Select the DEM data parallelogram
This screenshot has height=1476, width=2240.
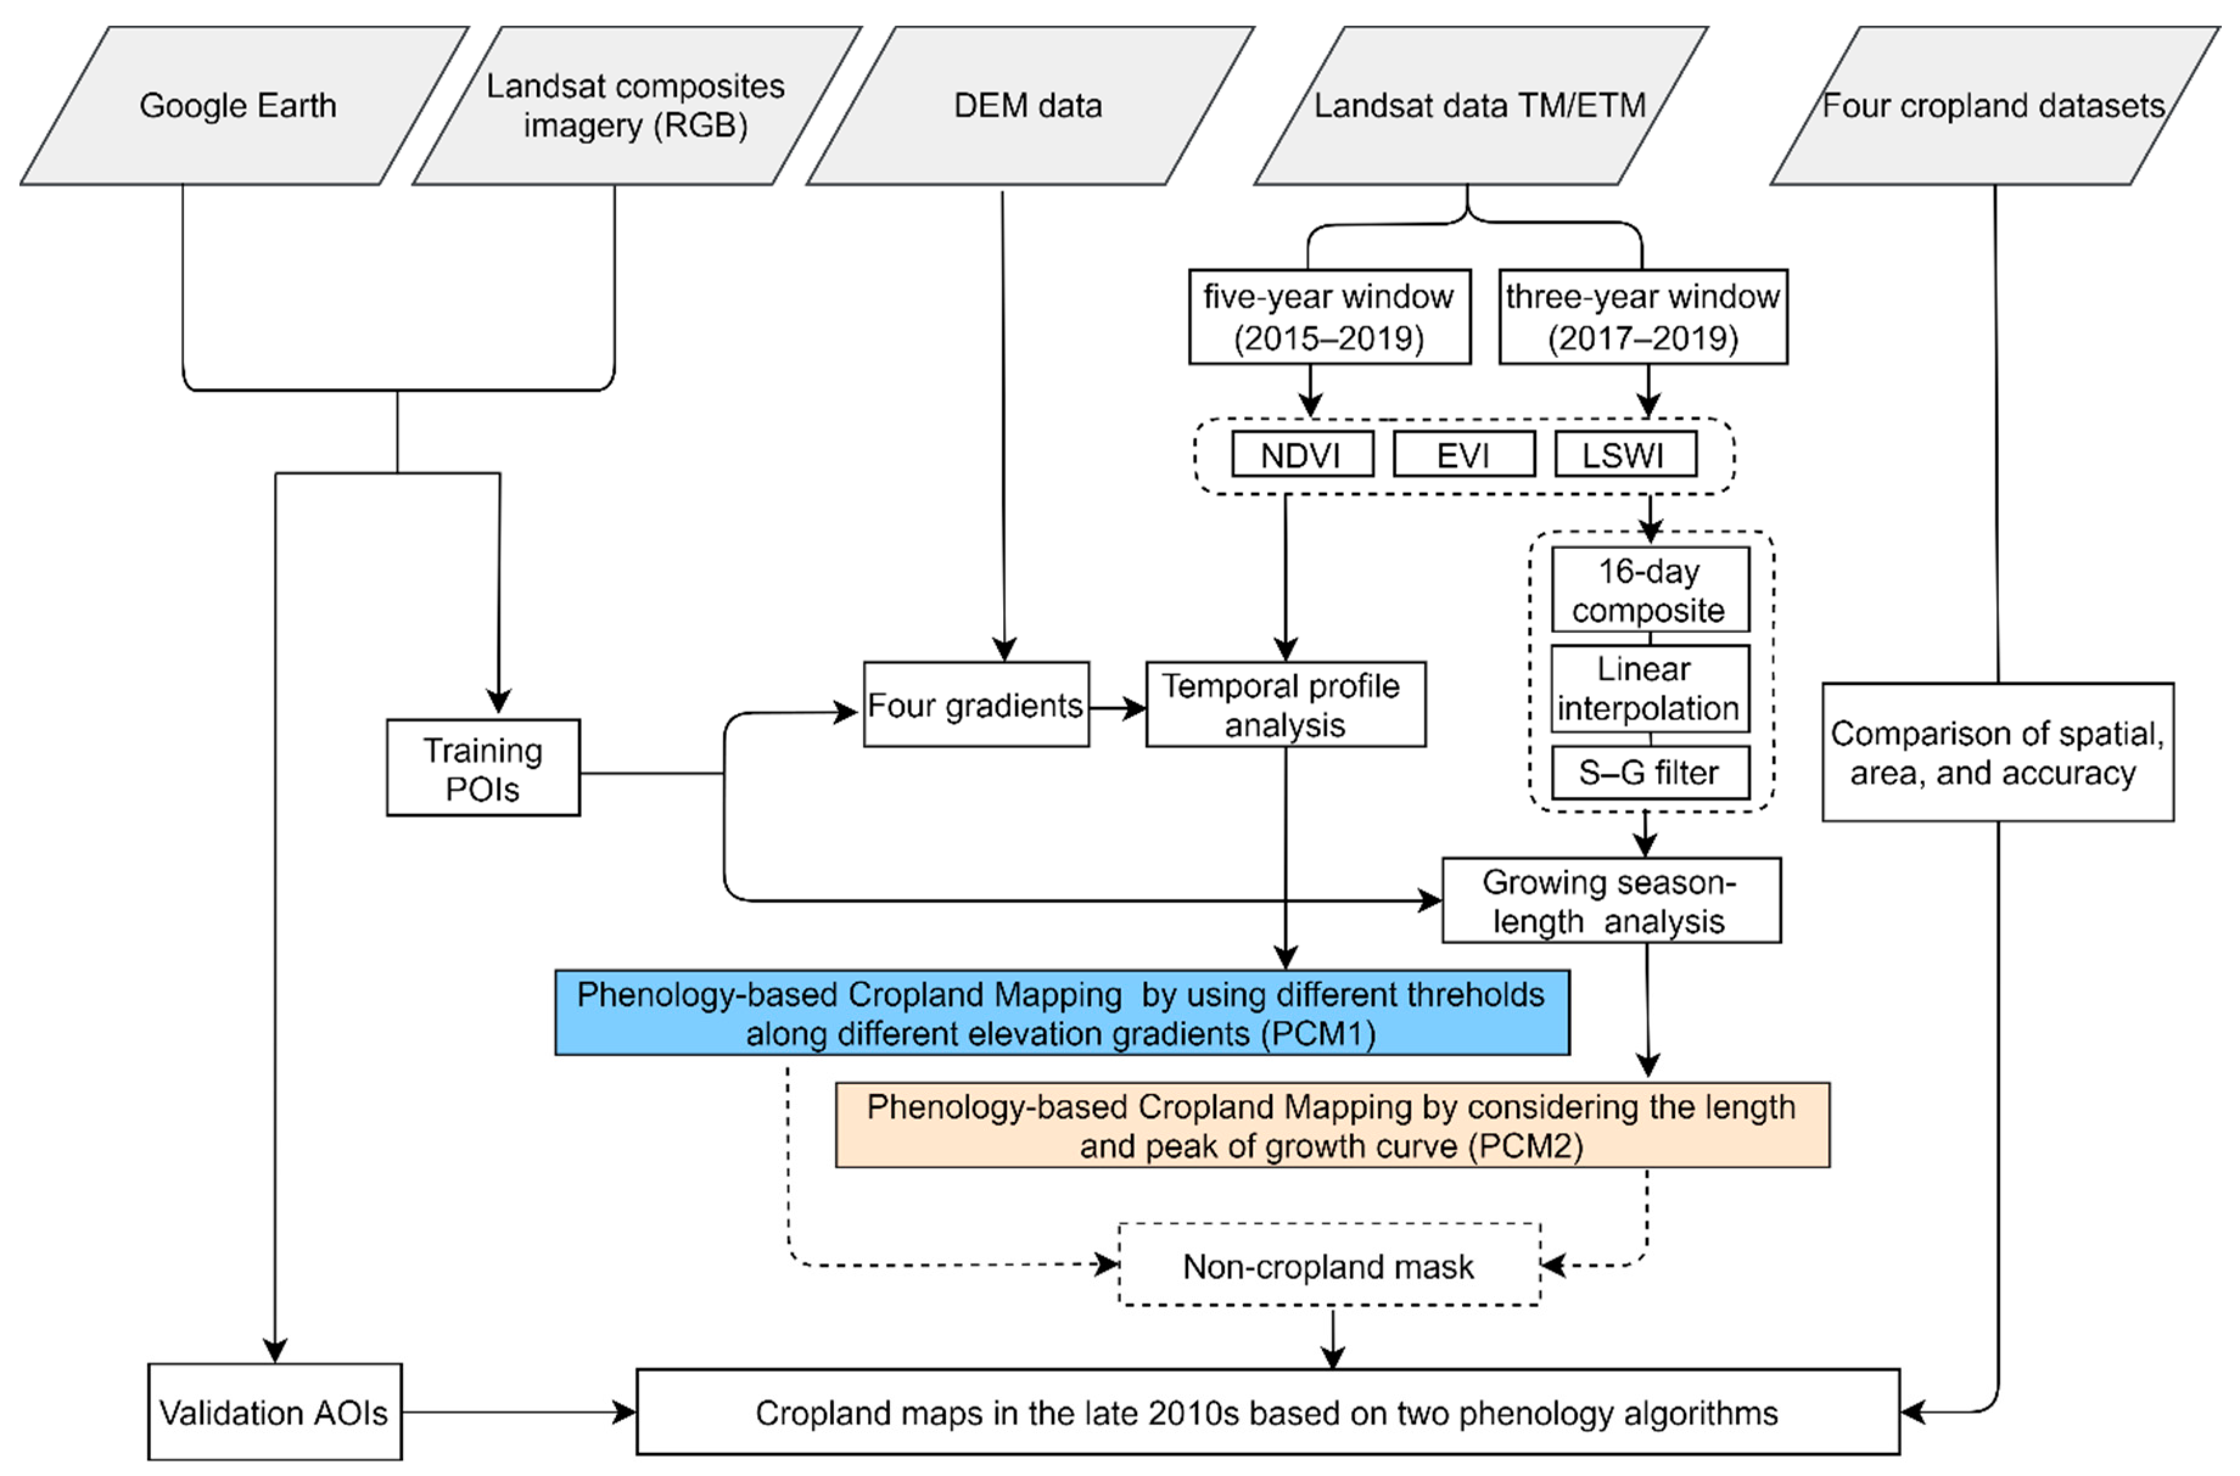(x=1028, y=105)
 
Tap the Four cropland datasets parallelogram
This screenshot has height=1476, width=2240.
(x=1993, y=105)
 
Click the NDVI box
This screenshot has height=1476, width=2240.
(x=1301, y=456)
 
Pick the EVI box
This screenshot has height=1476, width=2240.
(x=1463, y=456)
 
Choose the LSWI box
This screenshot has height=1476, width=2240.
(x=1624, y=456)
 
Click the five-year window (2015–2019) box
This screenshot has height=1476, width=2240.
(x=1329, y=317)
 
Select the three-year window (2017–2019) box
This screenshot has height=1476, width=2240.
(x=1642, y=317)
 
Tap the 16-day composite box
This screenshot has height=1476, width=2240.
(x=1650, y=590)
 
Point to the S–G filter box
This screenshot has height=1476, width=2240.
(x=1650, y=773)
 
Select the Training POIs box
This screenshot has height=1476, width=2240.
(x=483, y=768)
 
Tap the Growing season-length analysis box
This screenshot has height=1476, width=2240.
(x=1610, y=901)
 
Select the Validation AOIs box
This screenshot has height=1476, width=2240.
(x=274, y=1412)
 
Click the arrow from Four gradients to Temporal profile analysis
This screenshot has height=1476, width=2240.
(x=1118, y=707)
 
